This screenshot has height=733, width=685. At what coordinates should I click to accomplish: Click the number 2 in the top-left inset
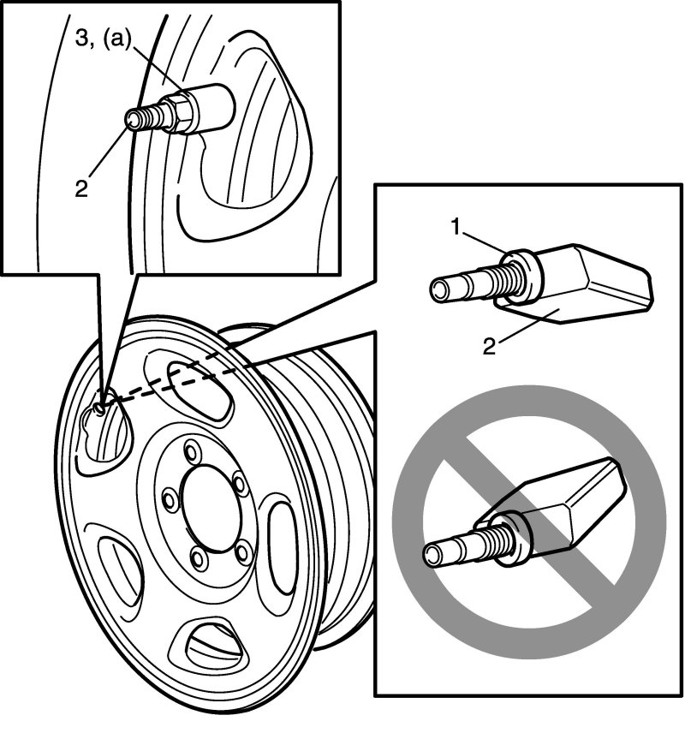pyautogui.click(x=81, y=189)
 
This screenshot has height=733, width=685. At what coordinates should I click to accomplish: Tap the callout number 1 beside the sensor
pyautogui.click(x=456, y=227)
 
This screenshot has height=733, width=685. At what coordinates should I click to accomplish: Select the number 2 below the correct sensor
pyautogui.click(x=489, y=347)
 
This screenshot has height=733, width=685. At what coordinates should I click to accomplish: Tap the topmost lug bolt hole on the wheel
pyautogui.click(x=191, y=451)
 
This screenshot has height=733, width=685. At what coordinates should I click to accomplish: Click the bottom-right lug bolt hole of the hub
pyautogui.click(x=242, y=554)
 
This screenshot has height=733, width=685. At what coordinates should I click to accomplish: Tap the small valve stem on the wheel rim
pyautogui.click(x=98, y=408)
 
